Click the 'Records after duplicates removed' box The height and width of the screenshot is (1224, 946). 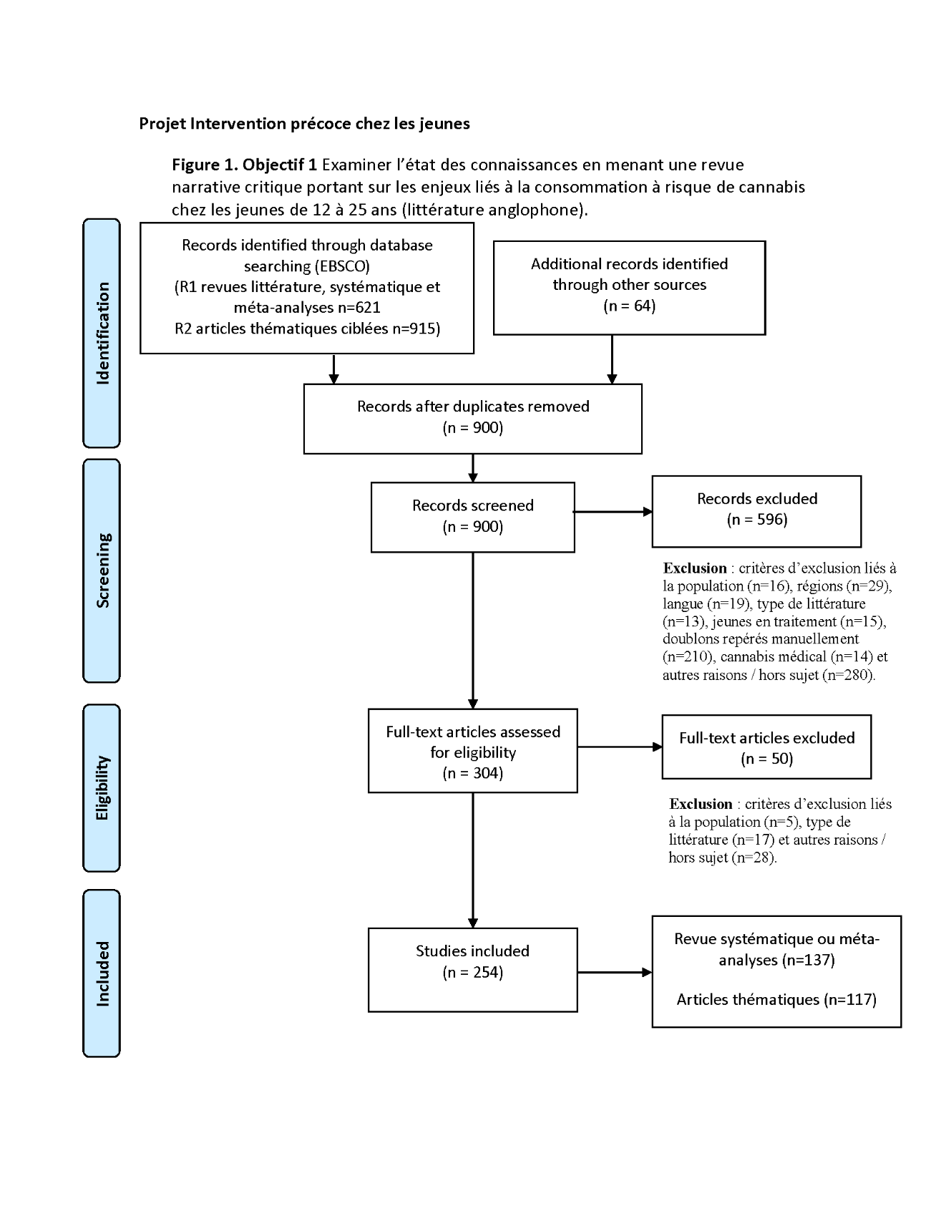[473, 419]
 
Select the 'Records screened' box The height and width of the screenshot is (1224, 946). [473, 518]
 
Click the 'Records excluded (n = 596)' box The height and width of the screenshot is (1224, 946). [756, 511]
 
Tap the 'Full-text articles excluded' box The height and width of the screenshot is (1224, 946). [766, 747]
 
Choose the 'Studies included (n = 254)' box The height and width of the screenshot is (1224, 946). [473, 970]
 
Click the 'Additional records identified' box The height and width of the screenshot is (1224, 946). [630, 287]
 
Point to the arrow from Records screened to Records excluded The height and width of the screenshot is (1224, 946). [613, 512]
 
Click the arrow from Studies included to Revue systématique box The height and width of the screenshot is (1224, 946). [615, 973]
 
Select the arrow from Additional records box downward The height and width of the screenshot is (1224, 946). [612, 359]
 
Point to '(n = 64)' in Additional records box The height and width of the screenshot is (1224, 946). [630, 306]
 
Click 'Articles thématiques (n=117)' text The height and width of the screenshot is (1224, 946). [776, 999]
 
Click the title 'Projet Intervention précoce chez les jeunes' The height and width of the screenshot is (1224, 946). [304, 124]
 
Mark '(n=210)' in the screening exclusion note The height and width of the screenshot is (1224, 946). [688, 657]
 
